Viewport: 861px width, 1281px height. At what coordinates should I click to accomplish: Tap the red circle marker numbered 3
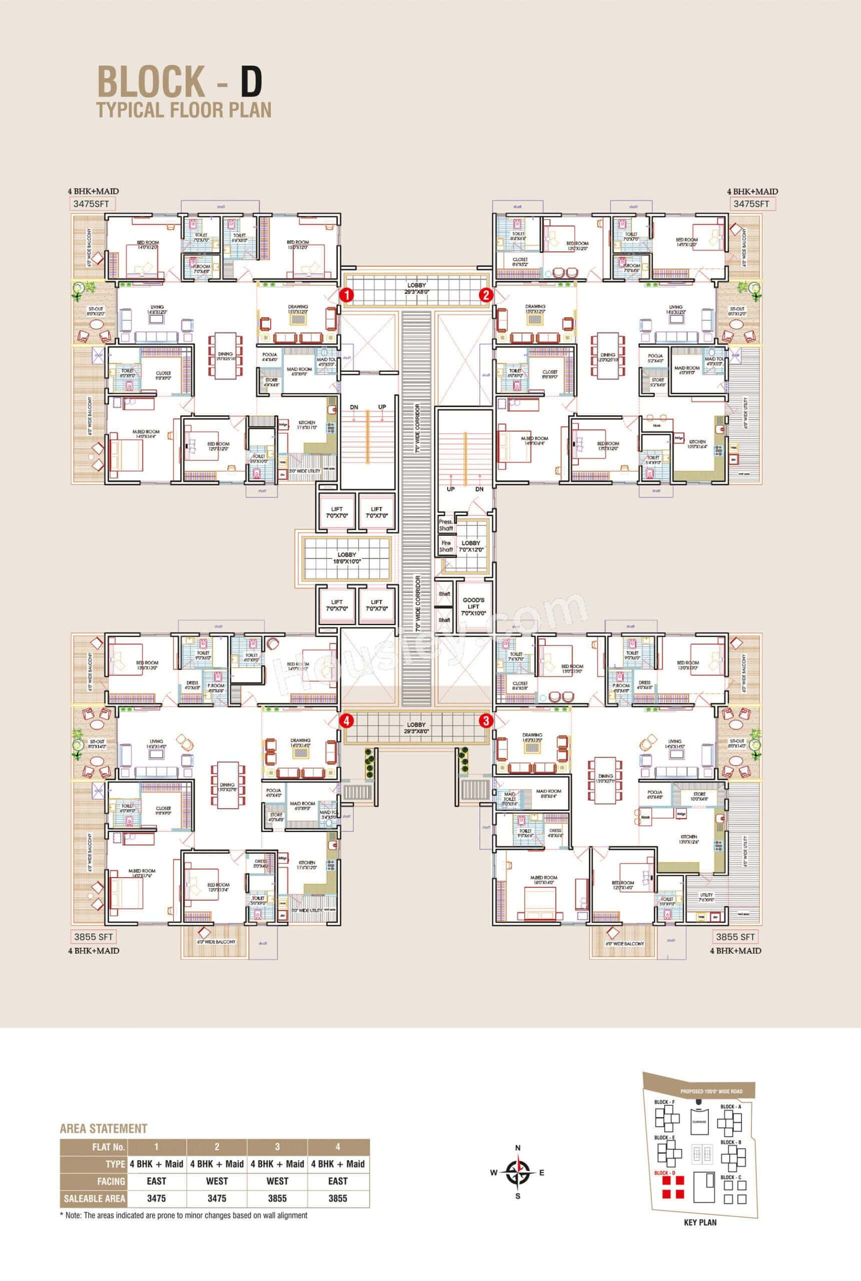pyautogui.click(x=485, y=719)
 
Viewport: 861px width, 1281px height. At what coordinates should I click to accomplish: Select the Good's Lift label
pyautogui.click(x=474, y=605)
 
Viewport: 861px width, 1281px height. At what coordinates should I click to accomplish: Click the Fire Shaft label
pyautogui.click(x=445, y=546)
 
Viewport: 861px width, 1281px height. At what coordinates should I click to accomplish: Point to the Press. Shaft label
pyautogui.click(x=445, y=525)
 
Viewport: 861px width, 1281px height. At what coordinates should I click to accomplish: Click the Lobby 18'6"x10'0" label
pyautogui.click(x=347, y=558)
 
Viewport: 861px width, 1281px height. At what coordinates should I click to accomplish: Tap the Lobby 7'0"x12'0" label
pyautogui.click(x=471, y=546)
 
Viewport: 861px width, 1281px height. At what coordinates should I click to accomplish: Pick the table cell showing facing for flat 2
pyautogui.click(x=217, y=1181)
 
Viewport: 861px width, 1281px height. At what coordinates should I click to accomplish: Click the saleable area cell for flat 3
pyautogui.click(x=277, y=1198)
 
